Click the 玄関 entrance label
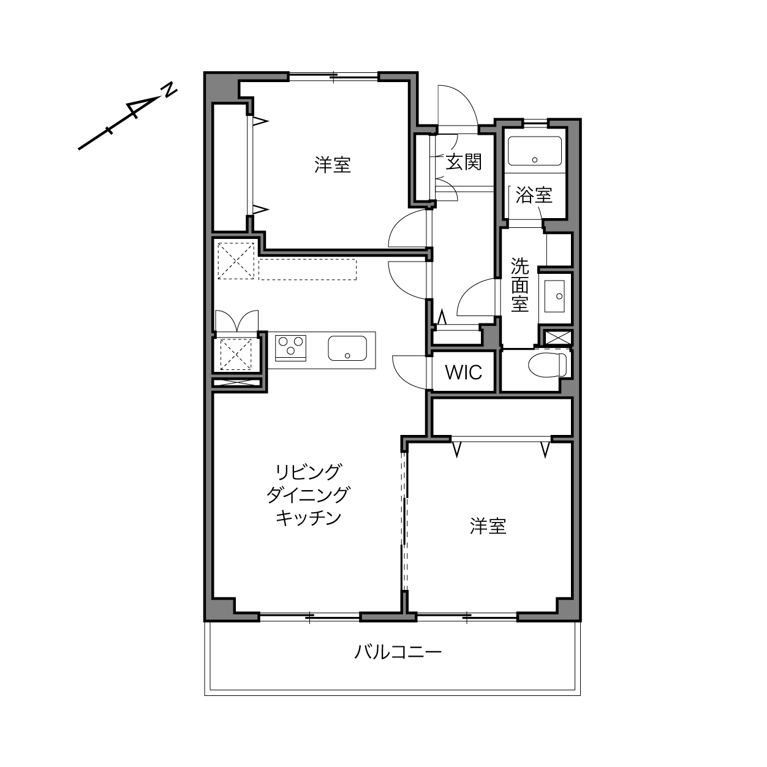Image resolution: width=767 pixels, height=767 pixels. coord(463,162)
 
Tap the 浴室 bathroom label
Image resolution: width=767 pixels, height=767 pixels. coord(534,195)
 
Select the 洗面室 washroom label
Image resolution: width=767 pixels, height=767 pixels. coord(520,284)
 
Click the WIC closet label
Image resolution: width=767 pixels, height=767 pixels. coord(463,372)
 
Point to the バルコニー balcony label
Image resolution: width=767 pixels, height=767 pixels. coord(398,652)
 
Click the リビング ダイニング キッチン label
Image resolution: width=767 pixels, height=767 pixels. coord(308,495)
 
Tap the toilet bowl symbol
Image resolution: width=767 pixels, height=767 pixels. coord(547,364)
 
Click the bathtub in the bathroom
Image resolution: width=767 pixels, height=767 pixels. coord(535,151)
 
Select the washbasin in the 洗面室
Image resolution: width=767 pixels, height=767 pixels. coord(554,296)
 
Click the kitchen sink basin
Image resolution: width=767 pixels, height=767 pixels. coord(347,349)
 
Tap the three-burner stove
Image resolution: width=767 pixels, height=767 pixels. coord(290,348)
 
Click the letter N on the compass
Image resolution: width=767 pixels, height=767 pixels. coord(170,90)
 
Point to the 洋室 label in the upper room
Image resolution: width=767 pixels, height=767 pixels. coord(333,165)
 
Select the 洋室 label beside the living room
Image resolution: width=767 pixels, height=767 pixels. coord(488,526)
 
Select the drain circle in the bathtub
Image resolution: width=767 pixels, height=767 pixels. coord(535,160)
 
